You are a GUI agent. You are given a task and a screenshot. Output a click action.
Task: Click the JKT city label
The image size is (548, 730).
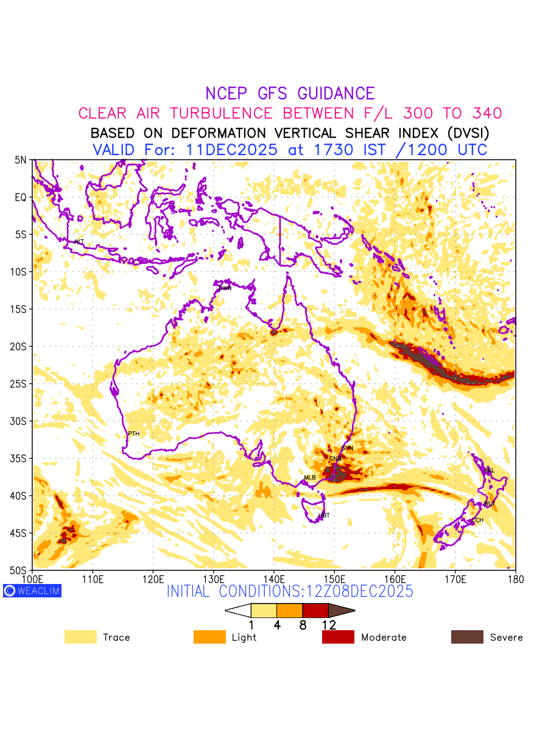(x=79, y=242)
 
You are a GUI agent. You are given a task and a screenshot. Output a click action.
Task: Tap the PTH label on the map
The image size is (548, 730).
(x=133, y=434)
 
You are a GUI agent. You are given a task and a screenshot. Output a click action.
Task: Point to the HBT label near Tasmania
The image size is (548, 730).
(x=324, y=515)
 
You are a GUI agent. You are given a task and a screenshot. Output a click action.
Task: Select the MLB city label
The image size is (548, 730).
(x=310, y=478)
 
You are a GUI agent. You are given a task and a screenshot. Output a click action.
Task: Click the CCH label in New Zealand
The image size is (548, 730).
(x=477, y=520)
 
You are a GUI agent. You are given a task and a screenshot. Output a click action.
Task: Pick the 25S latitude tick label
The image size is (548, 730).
(x=21, y=384)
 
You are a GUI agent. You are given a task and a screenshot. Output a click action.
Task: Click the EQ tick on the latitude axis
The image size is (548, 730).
(x=21, y=197)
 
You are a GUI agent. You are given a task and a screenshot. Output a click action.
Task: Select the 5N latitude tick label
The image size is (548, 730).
(x=21, y=160)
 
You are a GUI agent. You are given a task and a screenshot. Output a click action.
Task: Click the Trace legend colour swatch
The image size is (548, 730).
(x=80, y=637)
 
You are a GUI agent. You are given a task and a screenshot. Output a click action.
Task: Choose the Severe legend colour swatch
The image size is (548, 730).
(x=467, y=637)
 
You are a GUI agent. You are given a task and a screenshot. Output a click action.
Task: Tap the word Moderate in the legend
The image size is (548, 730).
(x=384, y=638)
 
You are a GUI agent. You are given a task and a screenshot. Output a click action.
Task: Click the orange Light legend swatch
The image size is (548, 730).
(x=209, y=637)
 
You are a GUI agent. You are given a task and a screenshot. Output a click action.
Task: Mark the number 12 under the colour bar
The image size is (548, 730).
(x=329, y=625)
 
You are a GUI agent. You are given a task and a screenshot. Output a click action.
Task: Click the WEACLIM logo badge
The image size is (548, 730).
(x=32, y=591)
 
